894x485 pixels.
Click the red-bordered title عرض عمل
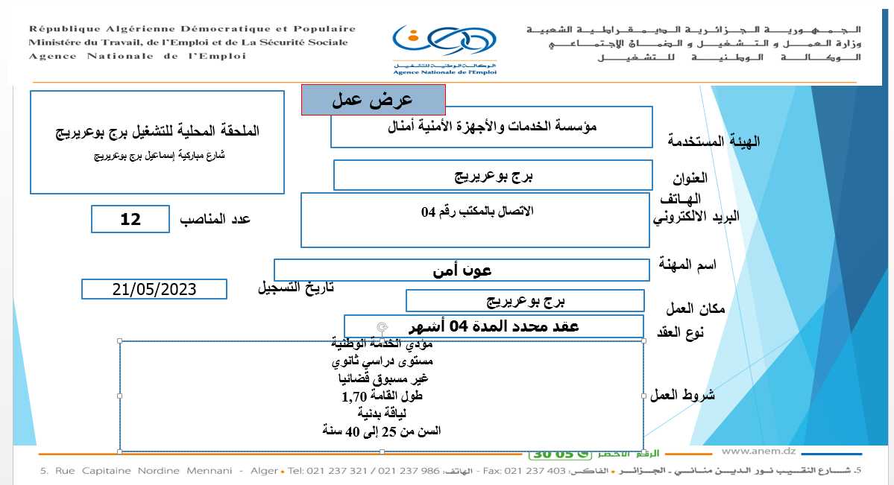pos(372,100)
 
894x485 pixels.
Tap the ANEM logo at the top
pos(445,49)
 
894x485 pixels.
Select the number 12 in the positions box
pos(130,219)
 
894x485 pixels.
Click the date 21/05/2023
pos(154,289)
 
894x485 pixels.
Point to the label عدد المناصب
pos(215,219)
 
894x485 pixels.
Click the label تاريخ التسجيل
pos(295,288)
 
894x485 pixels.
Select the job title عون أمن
pos(462,270)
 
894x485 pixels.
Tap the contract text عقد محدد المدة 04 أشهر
pos(494,326)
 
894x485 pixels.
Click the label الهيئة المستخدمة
pos(714,141)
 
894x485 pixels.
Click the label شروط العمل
pos(683,395)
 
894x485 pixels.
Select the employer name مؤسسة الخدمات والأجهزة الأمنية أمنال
pos(493,127)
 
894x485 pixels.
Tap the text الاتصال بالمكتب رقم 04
pos(477,212)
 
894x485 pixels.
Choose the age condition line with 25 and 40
pos(381,431)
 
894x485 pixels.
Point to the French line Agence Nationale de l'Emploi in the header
pos(138,56)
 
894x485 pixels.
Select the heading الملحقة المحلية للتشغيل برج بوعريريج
pos(157,131)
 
